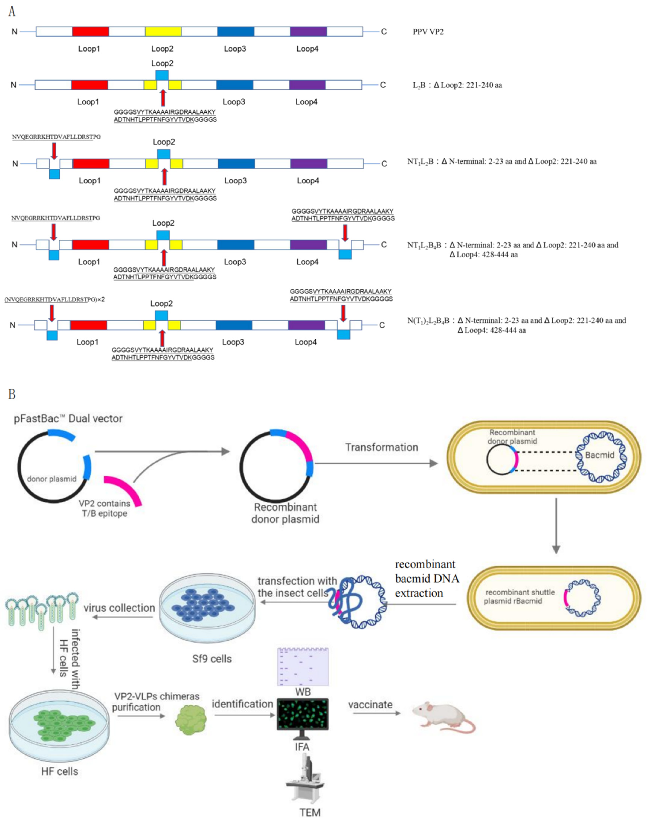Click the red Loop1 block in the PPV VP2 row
point(91,31)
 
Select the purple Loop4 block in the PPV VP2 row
point(308,31)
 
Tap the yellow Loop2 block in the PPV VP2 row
point(163,31)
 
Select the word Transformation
point(381,447)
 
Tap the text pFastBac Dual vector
point(68,419)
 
